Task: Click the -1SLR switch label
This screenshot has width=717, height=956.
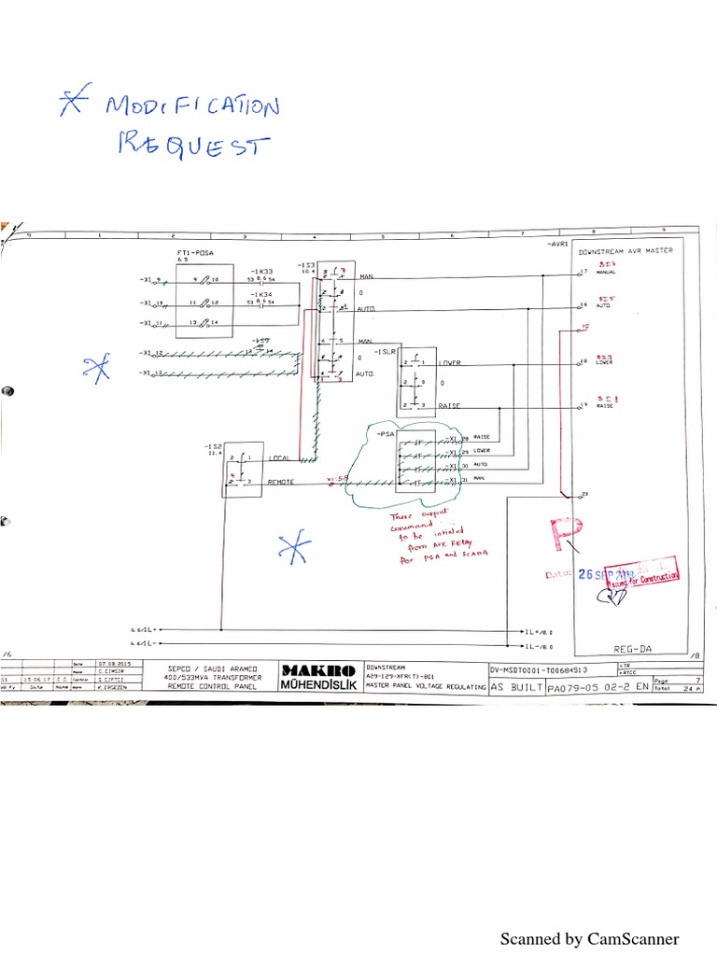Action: pyautogui.click(x=385, y=352)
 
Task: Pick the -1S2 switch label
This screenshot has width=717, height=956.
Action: pyautogui.click(x=210, y=447)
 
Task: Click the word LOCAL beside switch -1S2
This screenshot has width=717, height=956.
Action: pyautogui.click(x=279, y=458)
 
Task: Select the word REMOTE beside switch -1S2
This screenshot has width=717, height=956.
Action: pyautogui.click(x=283, y=482)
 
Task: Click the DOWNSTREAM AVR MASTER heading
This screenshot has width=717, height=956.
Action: pyautogui.click(x=626, y=251)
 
